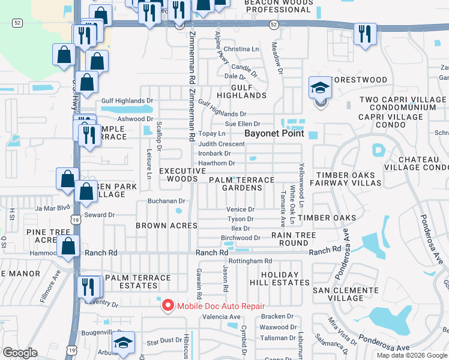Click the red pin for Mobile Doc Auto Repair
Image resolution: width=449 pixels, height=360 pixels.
pos(167,305)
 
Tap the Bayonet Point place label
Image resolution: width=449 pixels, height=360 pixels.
pos(274,133)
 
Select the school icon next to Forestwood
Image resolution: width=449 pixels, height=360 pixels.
pos(320,89)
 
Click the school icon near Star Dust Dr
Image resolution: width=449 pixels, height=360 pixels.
pos(124,343)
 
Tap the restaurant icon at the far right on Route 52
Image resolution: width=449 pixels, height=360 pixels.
pos(364,34)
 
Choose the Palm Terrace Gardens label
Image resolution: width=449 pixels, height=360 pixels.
pos(241,184)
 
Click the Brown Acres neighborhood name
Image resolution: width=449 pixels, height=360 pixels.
pos(166,226)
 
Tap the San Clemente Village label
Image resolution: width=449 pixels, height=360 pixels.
pos(346,294)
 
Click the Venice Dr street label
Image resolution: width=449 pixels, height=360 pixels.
pos(240,209)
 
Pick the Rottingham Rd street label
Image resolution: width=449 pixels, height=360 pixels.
pos(250,261)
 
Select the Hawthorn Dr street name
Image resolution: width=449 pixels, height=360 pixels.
pos(216,163)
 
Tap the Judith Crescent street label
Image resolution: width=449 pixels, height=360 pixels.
pos(221,144)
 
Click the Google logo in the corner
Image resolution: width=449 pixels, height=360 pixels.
pos(20,353)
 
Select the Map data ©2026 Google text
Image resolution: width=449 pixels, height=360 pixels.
pos(411,355)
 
